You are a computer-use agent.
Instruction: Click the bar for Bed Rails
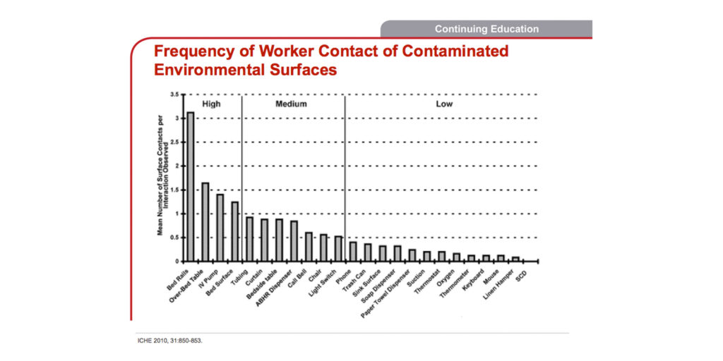(190, 186)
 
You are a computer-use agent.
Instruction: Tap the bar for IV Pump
(220, 227)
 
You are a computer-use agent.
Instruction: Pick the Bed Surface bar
(234, 231)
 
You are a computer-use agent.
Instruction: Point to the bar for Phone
(353, 251)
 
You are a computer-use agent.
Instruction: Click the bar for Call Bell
(309, 246)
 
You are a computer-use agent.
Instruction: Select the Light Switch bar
(338, 248)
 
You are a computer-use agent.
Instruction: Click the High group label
(211, 104)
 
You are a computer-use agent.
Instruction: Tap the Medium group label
(291, 104)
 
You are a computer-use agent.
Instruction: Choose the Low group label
(444, 104)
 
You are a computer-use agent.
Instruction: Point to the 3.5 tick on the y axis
(174, 94)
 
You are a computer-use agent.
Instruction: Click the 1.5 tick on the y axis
(174, 190)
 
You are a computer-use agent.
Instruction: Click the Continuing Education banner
(486, 29)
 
